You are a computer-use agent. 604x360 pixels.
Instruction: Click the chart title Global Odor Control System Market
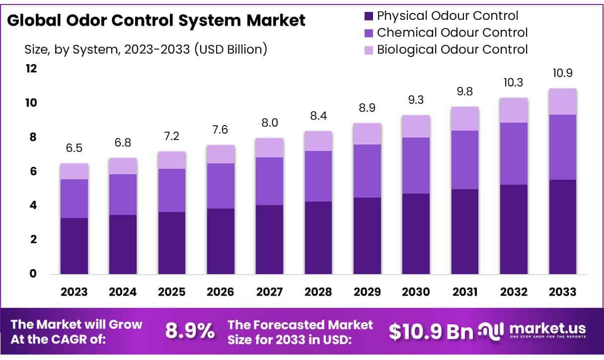click(156, 20)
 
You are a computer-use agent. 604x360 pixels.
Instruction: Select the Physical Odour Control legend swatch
click(369, 16)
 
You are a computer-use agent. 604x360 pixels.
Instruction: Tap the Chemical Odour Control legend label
click(452, 33)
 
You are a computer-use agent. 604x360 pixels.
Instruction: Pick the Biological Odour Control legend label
click(452, 50)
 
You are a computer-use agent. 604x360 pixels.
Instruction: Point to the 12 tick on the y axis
click(31, 69)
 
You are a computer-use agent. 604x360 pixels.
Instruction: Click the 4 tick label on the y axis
click(33, 205)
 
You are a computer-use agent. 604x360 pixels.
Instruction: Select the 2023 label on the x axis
click(74, 292)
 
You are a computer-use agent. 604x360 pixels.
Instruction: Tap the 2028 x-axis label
click(318, 292)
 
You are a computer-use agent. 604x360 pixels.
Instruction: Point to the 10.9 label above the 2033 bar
click(563, 73)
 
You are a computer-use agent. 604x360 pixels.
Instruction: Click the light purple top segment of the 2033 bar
click(563, 102)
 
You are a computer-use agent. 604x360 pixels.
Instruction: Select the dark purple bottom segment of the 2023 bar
click(74, 246)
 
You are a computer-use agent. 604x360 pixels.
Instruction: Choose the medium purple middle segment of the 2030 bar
click(416, 165)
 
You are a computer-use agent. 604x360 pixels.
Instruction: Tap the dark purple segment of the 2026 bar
click(221, 241)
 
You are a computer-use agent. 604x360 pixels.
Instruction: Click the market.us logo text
click(545, 329)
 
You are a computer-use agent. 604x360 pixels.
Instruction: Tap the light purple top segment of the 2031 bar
click(465, 119)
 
